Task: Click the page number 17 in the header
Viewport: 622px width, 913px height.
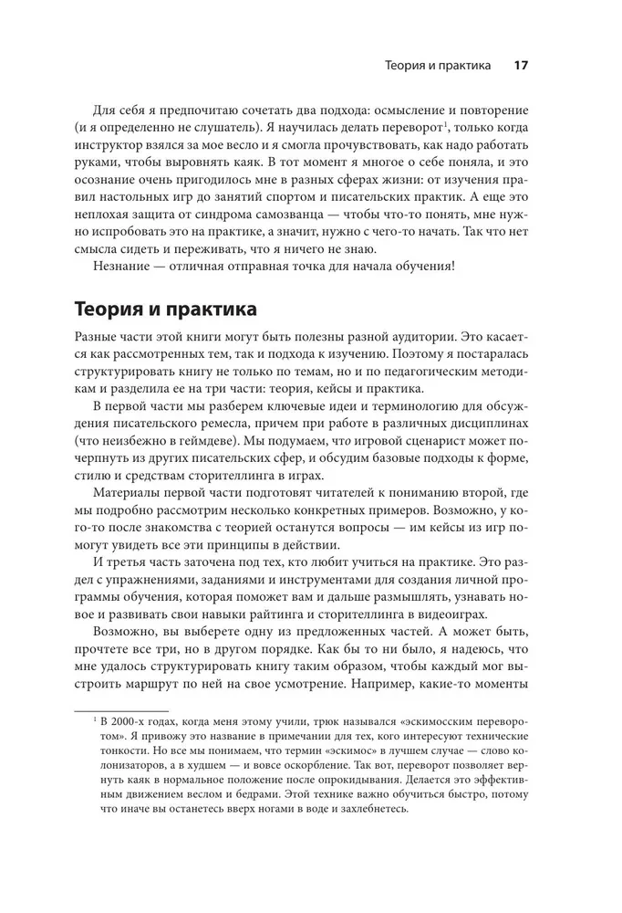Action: [522, 66]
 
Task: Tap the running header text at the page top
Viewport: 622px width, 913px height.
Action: [439, 66]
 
